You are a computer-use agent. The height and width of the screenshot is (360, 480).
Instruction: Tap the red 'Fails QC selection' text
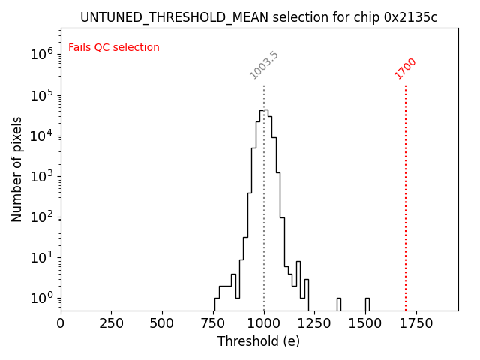(x=114, y=48)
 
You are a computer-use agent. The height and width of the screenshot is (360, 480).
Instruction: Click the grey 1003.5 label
(x=264, y=65)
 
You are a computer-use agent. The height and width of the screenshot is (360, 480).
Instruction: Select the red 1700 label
(x=406, y=68)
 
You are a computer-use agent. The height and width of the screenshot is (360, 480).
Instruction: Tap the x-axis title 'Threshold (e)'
(x=259, y=341)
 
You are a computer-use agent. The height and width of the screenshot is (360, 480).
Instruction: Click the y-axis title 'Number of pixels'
(x=17, y=169)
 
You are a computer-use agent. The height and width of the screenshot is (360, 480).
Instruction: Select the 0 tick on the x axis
(x=61, y=323)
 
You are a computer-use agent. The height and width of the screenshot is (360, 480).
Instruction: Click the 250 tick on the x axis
(x=112, y=323)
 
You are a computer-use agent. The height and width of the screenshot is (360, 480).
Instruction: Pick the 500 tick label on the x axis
(x=162, y=323)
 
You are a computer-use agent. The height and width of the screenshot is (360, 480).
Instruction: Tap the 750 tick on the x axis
(x=213, y=323)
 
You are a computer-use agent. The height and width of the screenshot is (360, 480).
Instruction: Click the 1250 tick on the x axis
(x=315, y=323)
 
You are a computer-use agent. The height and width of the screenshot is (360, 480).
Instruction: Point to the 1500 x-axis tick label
(x=365, y=323)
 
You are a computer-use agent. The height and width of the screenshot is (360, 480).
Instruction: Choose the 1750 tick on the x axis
(x=416, y=323)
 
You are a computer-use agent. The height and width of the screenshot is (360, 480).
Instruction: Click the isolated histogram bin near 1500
(x=367, y=304)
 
